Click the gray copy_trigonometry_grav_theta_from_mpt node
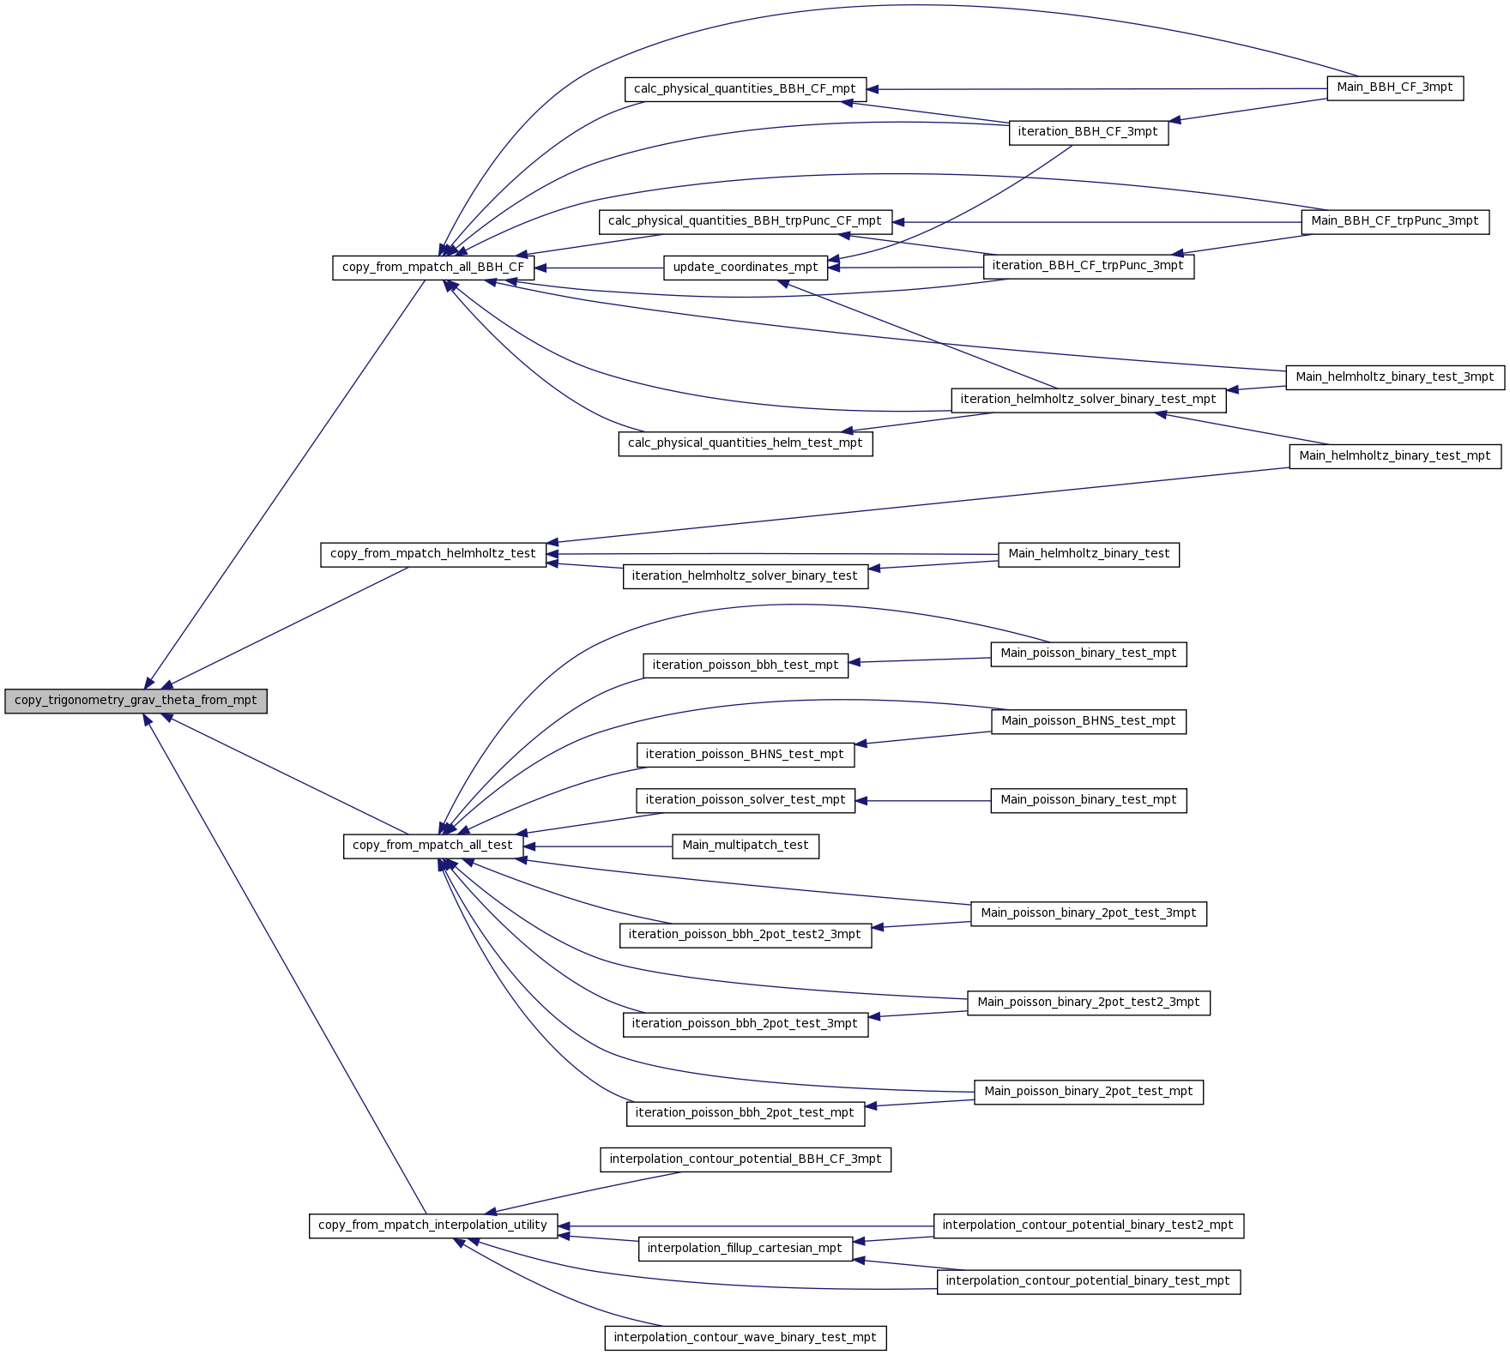tap(136, 701)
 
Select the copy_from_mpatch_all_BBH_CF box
tap(433, 268)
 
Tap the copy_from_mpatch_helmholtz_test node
tap(433, 554)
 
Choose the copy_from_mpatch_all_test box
tap(432, 846)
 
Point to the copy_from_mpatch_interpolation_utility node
tap(433, 1226)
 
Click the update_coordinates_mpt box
tap(746, 268)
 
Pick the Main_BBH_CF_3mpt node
tap(1395, 87)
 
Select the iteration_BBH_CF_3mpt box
tap(1089, 132)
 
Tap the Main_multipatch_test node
tap(746, 846)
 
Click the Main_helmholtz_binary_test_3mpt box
tap(1395, 377)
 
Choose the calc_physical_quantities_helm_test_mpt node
tap(746, 443)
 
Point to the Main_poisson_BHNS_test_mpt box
tap(1089, 721)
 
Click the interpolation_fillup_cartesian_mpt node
tap(746, 1249)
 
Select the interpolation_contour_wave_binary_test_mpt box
tap(746, 1338)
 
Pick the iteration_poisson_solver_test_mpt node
tap(746, 800)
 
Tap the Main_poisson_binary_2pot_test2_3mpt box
tap(1089, 1003)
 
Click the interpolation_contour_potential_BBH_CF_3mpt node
tap(746, 1159)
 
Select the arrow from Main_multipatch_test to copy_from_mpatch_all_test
tap(597, 846)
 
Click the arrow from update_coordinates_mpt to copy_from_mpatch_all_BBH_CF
tap(599, 268)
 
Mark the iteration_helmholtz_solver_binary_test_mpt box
tap(1089, 400)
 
